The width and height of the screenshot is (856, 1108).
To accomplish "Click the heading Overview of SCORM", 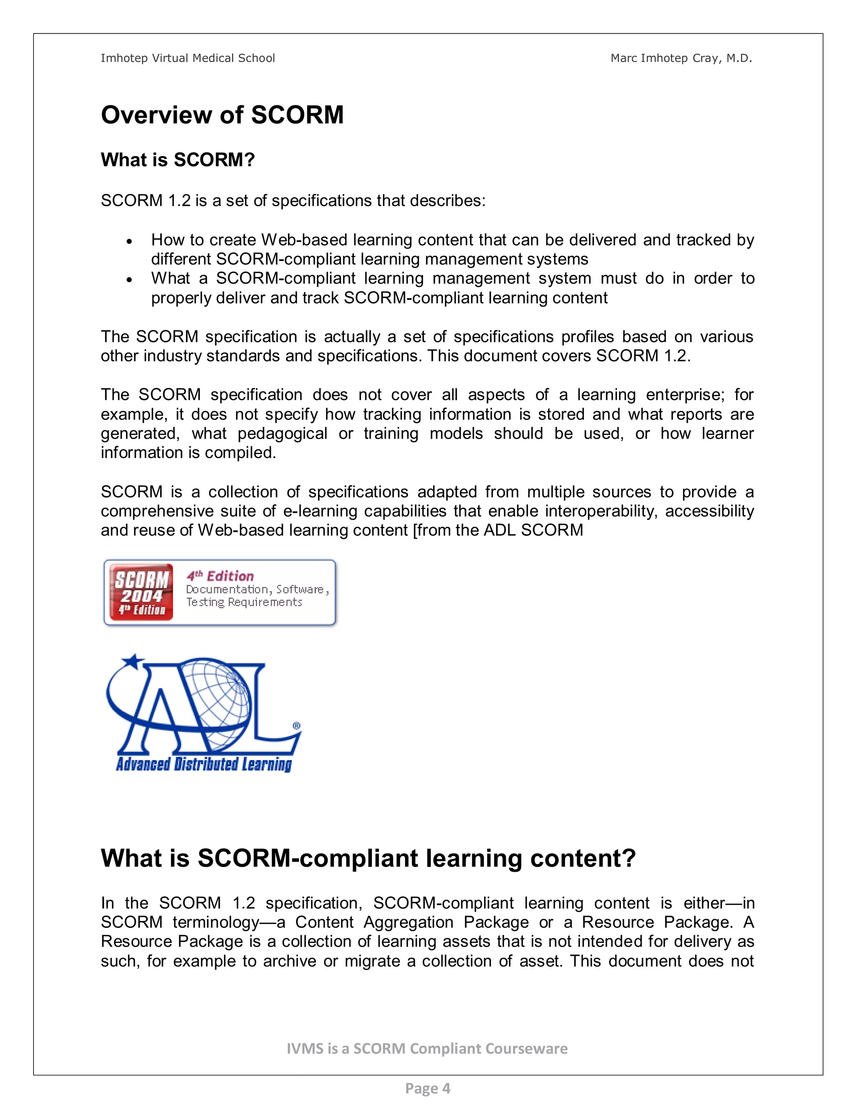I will click(222, 115).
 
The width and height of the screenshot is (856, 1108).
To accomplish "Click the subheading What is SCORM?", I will click(178, 160).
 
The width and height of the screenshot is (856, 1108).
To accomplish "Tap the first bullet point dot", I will click(130, 242).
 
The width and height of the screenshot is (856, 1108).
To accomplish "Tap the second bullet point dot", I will click(130, 280).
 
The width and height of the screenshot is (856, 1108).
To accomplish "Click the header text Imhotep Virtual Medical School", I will click(188, 59).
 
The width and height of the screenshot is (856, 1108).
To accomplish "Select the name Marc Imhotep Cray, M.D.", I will click(680, 59).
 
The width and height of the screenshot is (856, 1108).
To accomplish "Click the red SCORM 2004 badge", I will click(142, 592).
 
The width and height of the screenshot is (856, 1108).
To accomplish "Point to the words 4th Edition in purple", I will click(220, 576).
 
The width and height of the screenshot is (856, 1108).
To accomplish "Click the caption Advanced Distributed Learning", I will click(204, 764).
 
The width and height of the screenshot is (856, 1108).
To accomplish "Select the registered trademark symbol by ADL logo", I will click(297, 726).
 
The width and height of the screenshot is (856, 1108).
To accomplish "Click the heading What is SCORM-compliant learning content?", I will click(368, 858).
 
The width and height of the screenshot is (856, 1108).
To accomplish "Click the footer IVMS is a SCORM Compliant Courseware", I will click(427, 1048).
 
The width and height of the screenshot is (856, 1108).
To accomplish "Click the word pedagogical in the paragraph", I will click(283, 434).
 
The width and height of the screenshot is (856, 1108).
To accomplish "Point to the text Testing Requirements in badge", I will click(244, 602).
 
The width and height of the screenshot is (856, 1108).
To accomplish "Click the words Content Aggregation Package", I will click(412, 922).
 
